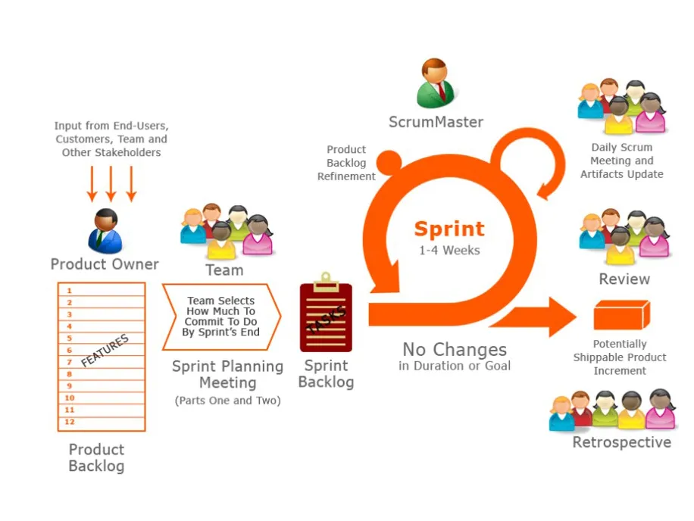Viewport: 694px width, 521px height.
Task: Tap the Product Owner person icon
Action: (105, 230)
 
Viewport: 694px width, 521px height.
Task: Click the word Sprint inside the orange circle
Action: (449, 228)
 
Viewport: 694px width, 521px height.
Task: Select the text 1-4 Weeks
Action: (449, 250)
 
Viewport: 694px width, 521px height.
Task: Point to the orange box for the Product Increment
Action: (621, 314)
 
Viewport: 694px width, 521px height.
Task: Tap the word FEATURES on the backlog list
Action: (105, 351)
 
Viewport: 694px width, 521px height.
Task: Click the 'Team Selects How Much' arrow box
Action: (221, 317)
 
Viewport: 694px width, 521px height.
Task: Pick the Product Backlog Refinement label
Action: (346, 163)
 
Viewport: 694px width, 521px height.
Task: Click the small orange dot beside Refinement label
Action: (389, 162)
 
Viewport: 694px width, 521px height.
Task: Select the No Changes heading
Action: (455, 350)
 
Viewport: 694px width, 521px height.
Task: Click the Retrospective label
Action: (621, 442)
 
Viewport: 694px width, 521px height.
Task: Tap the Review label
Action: (624, 279)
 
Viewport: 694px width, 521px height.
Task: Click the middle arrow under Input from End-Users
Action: (111, 183)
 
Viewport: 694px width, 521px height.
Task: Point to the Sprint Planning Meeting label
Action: (227, 374)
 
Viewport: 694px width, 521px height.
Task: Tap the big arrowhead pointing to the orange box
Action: (561, 317)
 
